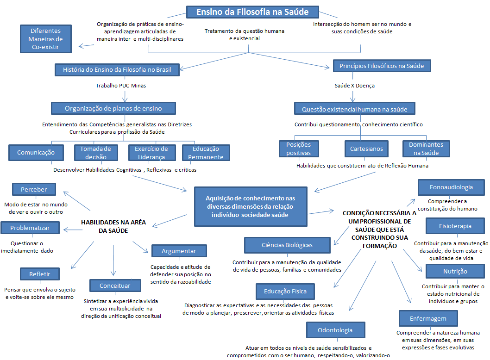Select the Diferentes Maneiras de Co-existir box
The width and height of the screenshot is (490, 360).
coord(46,39)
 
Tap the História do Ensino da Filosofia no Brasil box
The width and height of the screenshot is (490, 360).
coord(117,70)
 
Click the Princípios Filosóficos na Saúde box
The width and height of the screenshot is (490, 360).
coord(382,66)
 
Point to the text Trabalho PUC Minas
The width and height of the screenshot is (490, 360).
coord(118,86)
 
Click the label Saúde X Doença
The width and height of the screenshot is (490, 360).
coord(355,86)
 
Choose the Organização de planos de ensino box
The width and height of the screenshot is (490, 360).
coord(113,108)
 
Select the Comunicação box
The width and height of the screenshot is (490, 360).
coord(36,152)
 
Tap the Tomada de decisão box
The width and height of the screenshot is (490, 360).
coord(95,152)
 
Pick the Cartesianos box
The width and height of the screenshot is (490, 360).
coord(366,149)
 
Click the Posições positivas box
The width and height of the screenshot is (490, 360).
coord(299,149)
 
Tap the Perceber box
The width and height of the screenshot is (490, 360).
coord(34,189)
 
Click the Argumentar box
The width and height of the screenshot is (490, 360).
coord(179,251)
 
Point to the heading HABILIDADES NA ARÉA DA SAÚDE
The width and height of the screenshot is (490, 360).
coord(113,226)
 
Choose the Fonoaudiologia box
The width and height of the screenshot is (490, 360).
coord(451,187)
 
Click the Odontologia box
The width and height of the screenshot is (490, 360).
coord(335,330)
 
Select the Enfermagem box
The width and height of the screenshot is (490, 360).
coord(428,318)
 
